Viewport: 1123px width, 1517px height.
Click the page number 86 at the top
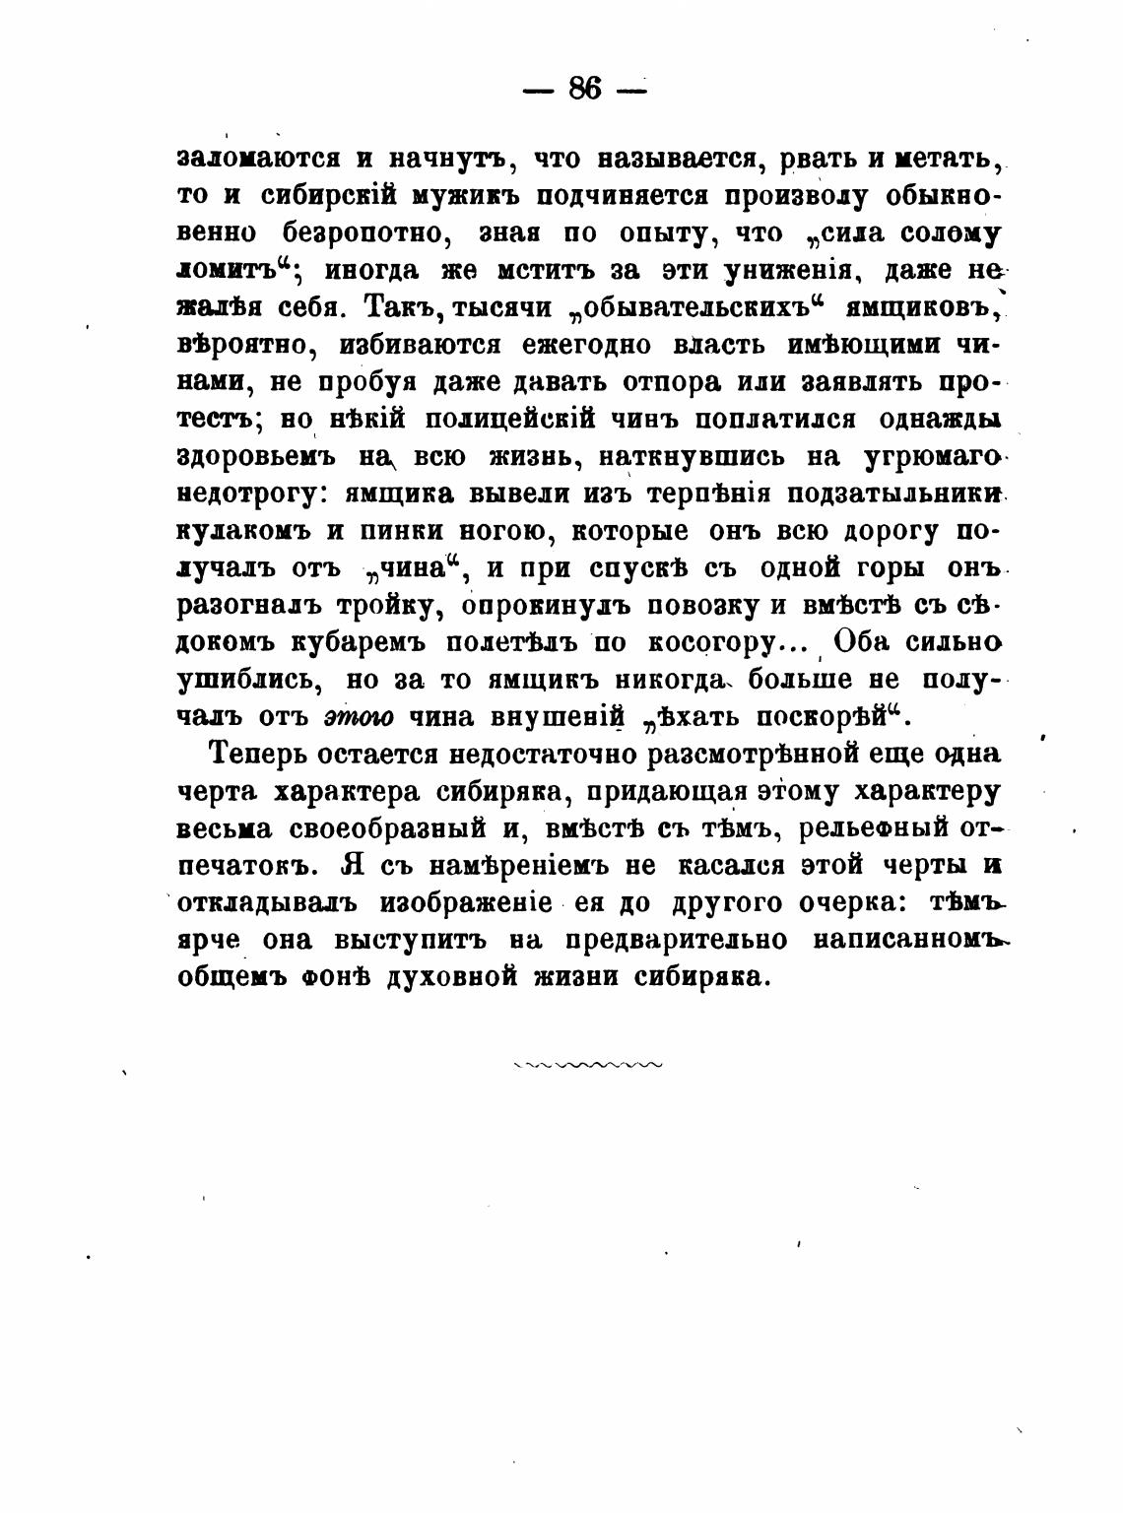[584, 89]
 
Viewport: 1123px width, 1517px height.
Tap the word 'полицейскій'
[510, 420]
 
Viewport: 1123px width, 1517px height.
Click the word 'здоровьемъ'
[257, 457]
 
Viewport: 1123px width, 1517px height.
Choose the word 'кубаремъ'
[358, 644]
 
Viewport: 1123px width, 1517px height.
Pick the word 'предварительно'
[677, 940]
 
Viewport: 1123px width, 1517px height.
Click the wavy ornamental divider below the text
[588, 1065]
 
